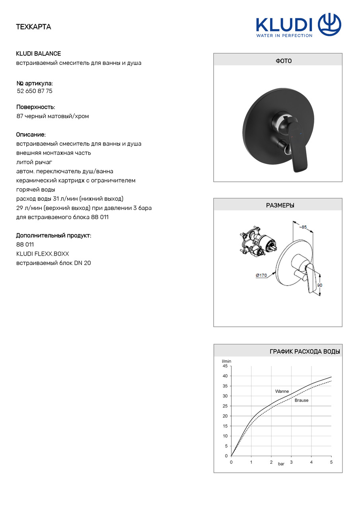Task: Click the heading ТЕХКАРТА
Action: [x=33, y=27]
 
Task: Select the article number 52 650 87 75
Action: [x=35, y=91]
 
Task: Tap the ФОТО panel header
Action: [x=278, y=61]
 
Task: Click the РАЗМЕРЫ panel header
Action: [x=278, y=206]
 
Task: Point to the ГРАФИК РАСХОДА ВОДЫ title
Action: [x=305, y=352]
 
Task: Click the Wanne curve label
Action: [x=282, y=391]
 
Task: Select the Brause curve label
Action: [x=301, y=400]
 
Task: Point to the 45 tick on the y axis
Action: [x=225, y=366]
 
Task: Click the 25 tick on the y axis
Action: [x=225, y=406]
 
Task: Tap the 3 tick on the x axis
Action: [x=291, y=462]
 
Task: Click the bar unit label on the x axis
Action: [x=281, y=464]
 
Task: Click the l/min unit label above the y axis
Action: [x=226, y=361]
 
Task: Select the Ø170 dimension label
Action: [x=261, y=275]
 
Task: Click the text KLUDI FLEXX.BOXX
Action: [x=39, y=254]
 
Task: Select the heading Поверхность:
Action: [x=36, y=107]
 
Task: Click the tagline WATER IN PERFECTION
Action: [x=284, y=35]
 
